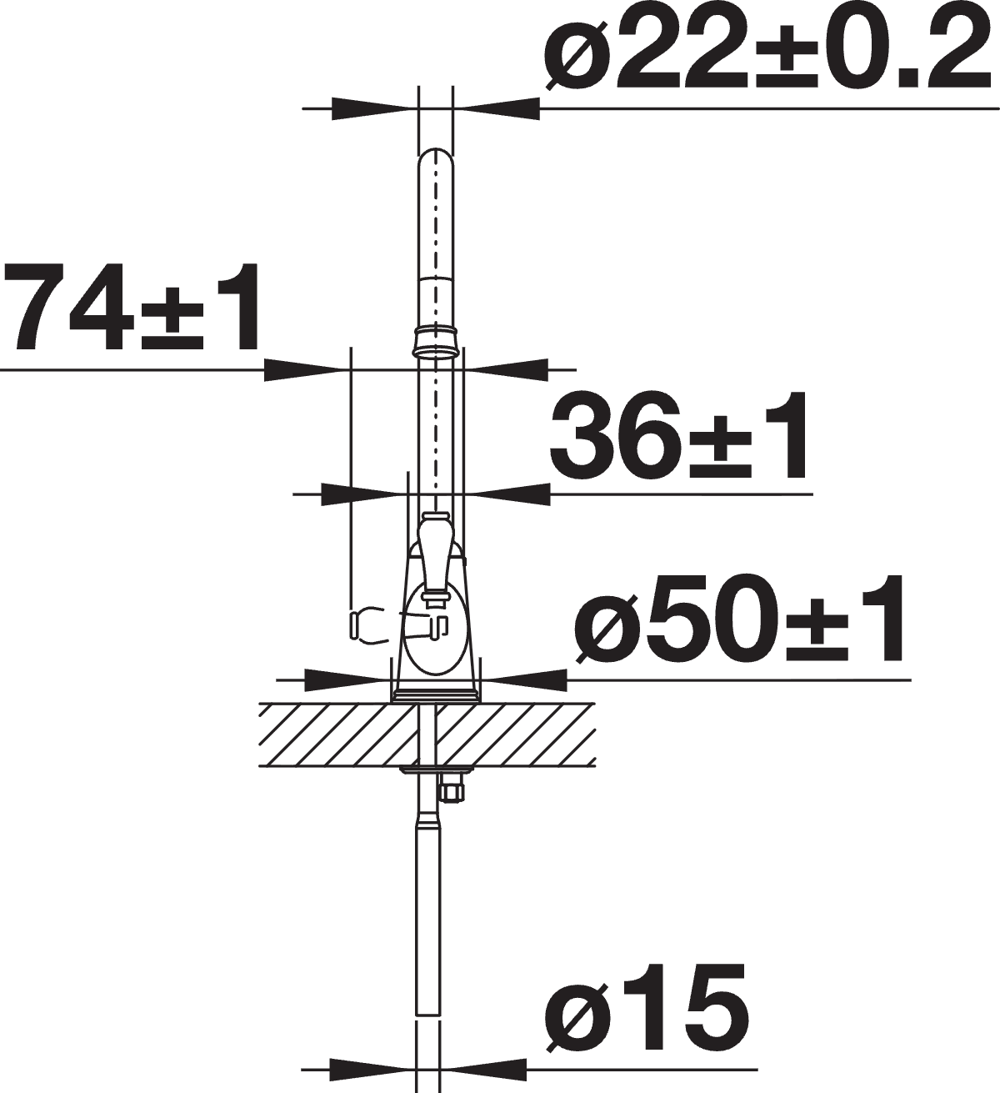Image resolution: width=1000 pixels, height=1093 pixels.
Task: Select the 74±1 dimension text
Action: click(130, 308)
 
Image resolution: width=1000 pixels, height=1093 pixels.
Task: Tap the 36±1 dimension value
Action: click(679, 436)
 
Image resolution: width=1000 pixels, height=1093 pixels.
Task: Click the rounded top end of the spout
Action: click(435, 158)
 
